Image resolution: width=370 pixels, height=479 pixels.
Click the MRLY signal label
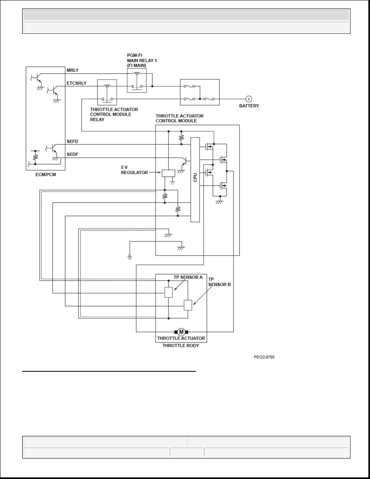tap(73, 70)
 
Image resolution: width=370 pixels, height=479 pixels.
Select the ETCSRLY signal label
tap(77, 83)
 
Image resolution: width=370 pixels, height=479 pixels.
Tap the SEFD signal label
tap(73, 142)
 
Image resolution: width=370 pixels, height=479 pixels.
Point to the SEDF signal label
tap(73, 154)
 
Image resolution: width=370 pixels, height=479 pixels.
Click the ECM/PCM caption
tap(46, 175)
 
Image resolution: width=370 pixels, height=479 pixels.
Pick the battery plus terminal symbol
tap(249, 99)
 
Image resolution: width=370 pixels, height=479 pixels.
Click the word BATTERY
tap(249, 106)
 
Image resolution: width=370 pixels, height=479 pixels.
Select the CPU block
tap(195, 180)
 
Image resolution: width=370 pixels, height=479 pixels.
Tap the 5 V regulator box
tap(168, 173)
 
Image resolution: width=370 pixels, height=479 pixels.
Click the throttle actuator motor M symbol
tap(181, 332)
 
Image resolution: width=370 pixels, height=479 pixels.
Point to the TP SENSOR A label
tap(188, 277)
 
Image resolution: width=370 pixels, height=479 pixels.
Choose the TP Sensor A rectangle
tap(168, 292)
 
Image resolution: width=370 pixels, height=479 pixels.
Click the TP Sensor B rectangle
tap(188, 305)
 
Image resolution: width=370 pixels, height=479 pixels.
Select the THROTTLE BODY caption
tap(181, 346)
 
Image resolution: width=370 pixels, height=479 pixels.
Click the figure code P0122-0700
tap(264, 357)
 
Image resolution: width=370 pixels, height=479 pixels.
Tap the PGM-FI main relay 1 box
tap(137, 80)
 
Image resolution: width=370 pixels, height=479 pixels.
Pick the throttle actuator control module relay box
tap(107, 92)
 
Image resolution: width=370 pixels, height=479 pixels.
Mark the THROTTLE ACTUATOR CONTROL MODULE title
tap(179, 118)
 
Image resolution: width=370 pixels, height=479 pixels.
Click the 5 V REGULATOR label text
tap(134, 170)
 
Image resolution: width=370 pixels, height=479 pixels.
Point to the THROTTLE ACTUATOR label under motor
tap(181, 338)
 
